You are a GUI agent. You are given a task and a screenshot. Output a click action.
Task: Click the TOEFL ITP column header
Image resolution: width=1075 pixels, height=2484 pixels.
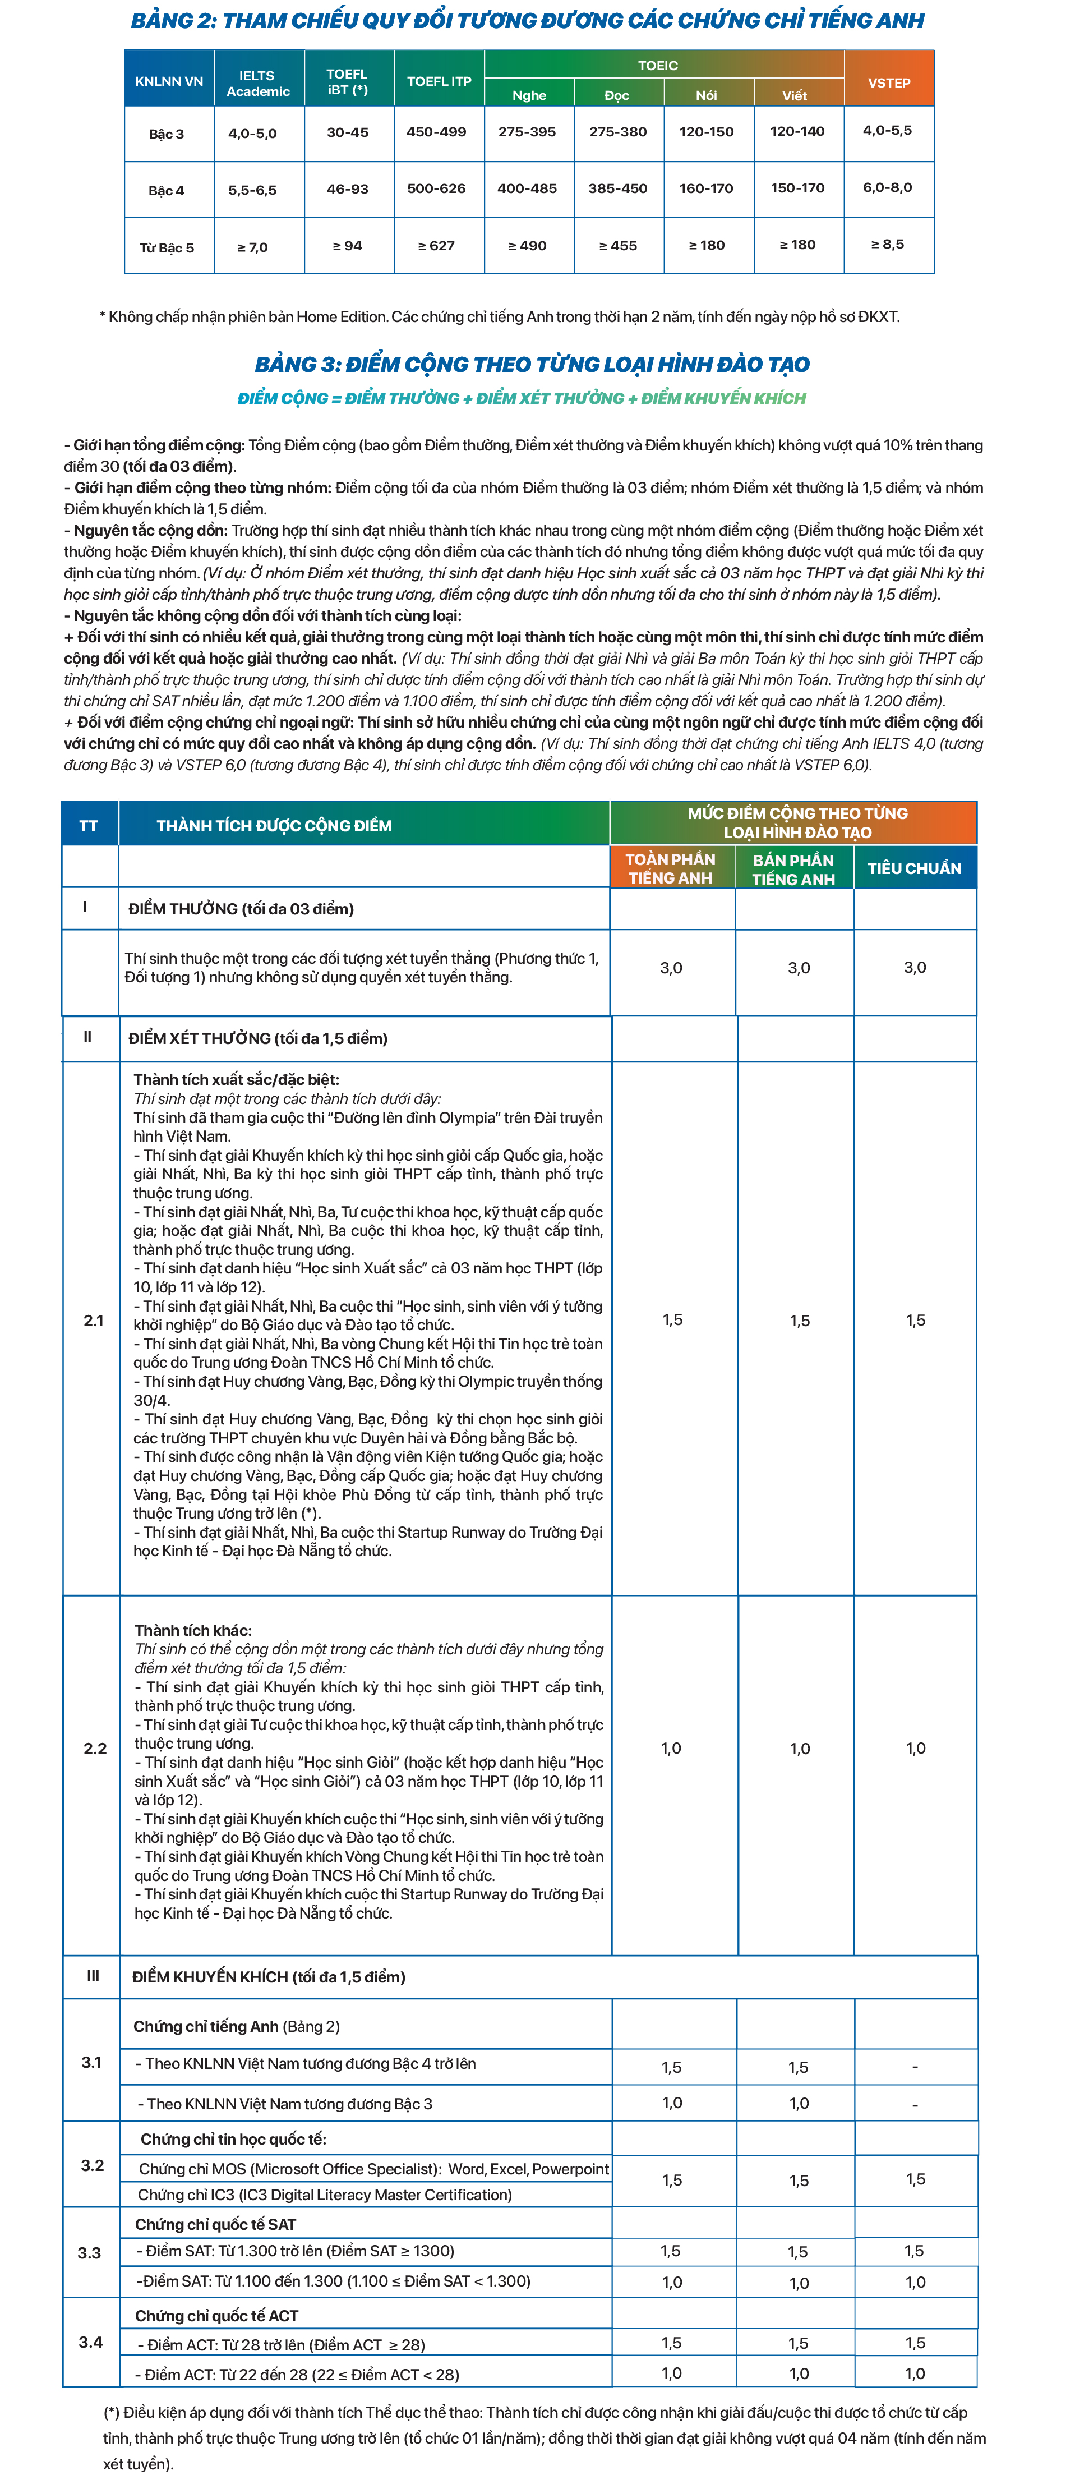coord(439,81)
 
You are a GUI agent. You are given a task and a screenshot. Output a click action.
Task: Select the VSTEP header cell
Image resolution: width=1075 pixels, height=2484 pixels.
coord(888,83)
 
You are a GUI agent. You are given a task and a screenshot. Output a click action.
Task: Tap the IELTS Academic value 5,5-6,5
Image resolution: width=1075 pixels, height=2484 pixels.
coord(252,190)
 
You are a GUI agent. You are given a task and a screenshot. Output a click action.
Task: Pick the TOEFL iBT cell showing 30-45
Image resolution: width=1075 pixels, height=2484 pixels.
coord(347,132)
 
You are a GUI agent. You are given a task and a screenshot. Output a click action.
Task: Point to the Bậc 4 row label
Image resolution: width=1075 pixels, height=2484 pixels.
coord(166,190)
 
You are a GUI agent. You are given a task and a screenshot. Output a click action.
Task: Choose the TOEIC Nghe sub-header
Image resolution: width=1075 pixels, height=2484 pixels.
coord(529,94)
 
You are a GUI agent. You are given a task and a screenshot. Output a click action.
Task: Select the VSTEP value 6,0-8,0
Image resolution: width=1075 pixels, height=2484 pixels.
coord(887,188)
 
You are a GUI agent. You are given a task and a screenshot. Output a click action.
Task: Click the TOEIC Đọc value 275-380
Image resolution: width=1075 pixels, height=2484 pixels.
coord(618,132)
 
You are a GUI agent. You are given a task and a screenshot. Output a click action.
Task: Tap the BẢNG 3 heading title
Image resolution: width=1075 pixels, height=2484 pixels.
coord(531,365)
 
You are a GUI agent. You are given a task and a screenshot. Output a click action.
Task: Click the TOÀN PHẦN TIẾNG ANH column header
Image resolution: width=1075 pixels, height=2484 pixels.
coord(671,868)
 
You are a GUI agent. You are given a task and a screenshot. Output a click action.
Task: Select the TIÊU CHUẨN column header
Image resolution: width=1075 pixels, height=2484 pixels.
coord(914,868)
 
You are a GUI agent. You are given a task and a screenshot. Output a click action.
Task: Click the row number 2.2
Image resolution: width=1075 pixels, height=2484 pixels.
coord(94,1748)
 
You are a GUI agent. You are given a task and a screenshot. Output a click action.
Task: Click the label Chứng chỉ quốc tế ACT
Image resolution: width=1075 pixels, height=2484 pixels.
coord(217,2315)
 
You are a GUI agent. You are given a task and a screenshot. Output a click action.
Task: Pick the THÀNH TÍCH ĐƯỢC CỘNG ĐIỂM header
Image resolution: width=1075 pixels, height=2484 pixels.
coord(275,825)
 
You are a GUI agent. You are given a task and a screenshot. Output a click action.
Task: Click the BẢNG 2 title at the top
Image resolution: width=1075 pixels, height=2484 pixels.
coord(527,20)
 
